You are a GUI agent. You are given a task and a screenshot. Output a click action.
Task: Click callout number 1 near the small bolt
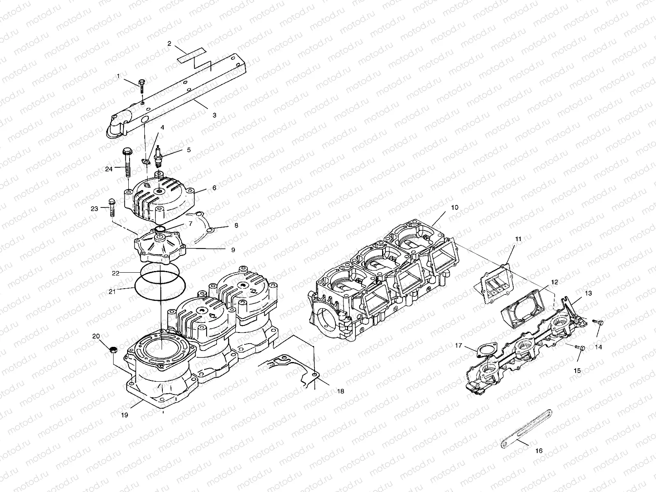[x=118, y=76]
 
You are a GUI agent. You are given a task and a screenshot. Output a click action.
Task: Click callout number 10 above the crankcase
[x=455, y=207]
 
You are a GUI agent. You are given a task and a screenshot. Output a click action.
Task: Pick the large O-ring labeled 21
[x=160, y=286]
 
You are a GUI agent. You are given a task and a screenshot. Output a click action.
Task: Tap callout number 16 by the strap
[x=539, y=451]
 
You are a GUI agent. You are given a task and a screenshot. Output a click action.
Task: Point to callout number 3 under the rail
[x=214, y=115]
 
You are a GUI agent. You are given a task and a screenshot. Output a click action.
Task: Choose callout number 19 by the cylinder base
[x=125, y=415]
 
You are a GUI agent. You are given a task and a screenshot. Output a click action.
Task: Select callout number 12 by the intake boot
[x=554, y=282]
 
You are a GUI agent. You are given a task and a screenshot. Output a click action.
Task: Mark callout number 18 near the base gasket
[x=341, y=391]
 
